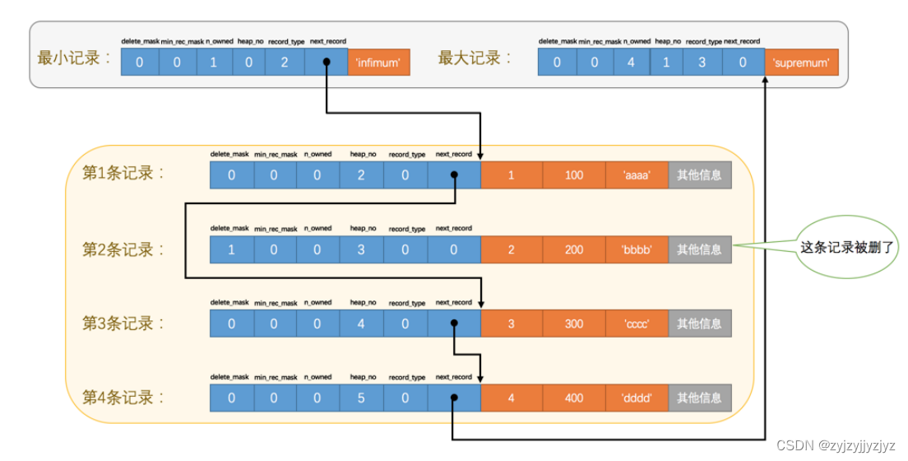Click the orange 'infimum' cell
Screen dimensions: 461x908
click(x=378, y=63)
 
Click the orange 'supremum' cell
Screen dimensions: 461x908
click(x=802, y=63)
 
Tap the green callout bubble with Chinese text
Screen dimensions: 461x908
click(x=846, y=246)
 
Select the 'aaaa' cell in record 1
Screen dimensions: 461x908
click(x=637, y=175)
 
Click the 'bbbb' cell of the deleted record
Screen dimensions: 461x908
click(x=637, y=249)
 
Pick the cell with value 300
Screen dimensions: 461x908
click(x=574, y=324)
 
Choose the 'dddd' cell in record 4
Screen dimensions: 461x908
click(x=637, y=398)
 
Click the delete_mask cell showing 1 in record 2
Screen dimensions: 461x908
click(x=231, y=249)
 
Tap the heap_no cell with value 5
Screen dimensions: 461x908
click(x=361, y=398)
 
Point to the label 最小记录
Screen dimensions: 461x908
click(x=74, y=58)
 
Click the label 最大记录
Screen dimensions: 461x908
click(x=475, y=58)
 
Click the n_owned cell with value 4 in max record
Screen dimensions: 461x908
click(x=631, y=63)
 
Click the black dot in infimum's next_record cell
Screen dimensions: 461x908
click(x=327, y=62)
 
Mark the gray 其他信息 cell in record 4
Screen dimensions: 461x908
click(x=699, y=398)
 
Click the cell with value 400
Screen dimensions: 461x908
click(x=574, y=398)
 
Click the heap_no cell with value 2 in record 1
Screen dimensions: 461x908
click(x=361, y=175)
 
